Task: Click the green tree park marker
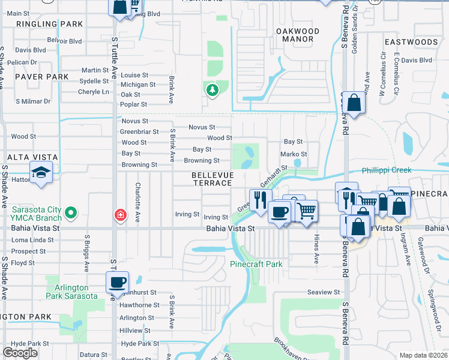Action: click(x=212, y=91)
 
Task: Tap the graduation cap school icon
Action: click(x=41, y=173)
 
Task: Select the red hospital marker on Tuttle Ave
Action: click(x=120, y=214)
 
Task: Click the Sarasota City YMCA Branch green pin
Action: click(x=71, y=212)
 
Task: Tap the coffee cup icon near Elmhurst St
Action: click(x=118, y=281)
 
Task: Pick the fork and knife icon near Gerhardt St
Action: click(x=259, y=200)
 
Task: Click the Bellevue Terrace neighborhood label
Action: click(x=211, y=178)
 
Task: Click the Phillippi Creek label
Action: click(x=386, y=170)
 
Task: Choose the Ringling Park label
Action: click(x=41, y=24)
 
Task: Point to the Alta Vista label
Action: click(x=32, y=157)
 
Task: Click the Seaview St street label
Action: click(x=324, y=292)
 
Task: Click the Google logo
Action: click(x=20, y=353)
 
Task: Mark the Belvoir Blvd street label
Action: click(x=65, y=41)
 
